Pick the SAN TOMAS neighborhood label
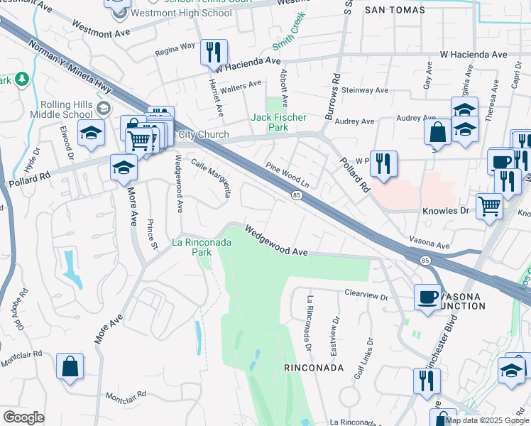(395, 10)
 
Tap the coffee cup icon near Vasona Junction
(428, 297)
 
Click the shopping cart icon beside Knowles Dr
(490, 207)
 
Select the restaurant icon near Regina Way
(212, 52)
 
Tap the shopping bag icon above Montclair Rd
(70, 367)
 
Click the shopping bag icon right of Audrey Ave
(438, 131)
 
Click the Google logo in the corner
(23, 417)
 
